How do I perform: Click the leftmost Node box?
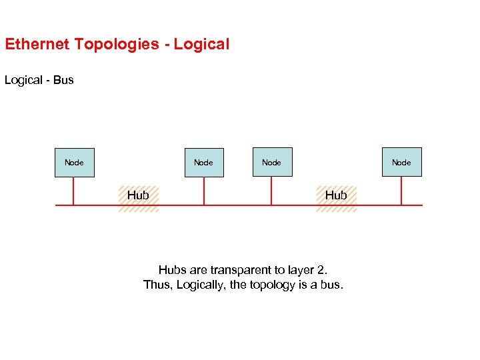click(74, 162)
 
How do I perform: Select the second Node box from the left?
click(203, 162)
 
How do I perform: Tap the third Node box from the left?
click(272, 162)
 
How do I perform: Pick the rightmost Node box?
click(401, 162)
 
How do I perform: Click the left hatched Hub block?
click(139, 198)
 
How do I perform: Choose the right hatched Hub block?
click(336, 198)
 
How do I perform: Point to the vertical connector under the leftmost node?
click(73, 191)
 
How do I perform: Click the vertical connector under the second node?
click(203, 191)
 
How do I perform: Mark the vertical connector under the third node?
click(271, 191)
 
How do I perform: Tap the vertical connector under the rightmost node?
click(401, 191)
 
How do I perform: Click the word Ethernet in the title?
click(37, 45)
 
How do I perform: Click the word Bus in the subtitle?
click(63, 80)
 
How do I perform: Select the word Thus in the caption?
click(157, 285)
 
